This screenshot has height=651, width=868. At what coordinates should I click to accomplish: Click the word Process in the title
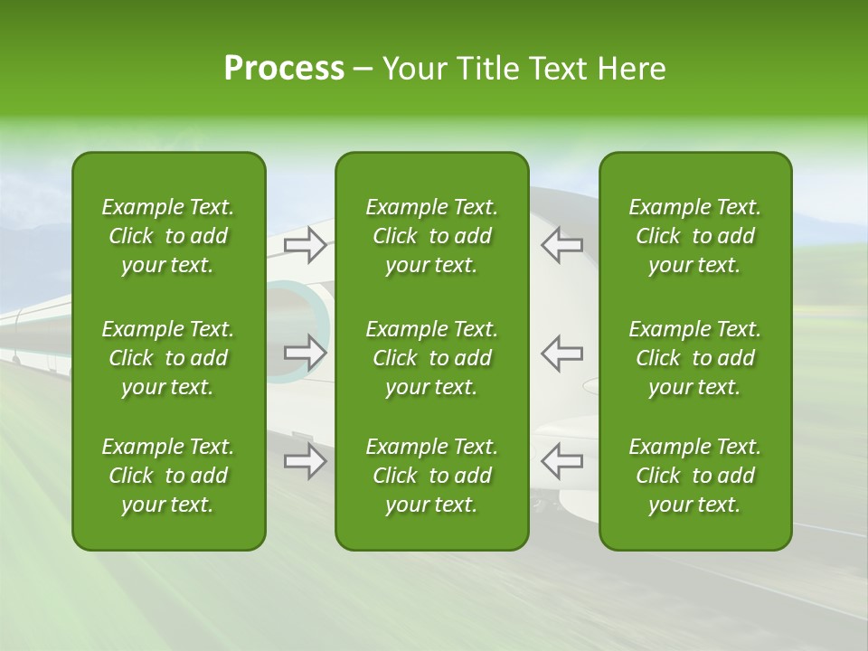pos(284,69)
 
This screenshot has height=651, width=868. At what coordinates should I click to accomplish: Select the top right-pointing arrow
pos(305,245)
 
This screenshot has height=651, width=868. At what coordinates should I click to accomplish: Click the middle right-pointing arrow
pos(305,354)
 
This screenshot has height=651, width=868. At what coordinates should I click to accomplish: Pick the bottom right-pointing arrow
pos(305,461)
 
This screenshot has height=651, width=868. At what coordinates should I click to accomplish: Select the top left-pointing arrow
pos(562,245)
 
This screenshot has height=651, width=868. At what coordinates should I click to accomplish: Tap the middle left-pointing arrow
pos(562,354)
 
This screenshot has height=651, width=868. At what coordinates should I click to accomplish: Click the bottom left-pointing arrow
pos(562,461)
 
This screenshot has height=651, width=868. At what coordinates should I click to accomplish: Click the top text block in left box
pos(168,236)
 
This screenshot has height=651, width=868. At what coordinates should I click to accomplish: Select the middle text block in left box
pos(168,358)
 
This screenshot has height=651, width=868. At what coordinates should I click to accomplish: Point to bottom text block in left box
pos(168,476)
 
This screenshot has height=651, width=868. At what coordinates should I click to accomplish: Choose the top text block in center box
pos(432,236)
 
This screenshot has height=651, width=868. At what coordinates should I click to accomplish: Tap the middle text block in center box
pos(432,358)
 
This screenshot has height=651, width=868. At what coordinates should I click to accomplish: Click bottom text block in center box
pos(432,476)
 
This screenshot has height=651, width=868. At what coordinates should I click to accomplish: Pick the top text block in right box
pos(695,236)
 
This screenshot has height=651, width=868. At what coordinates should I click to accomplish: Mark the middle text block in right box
pos(695,358)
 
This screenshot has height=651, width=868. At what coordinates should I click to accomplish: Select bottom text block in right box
pos(695,476)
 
